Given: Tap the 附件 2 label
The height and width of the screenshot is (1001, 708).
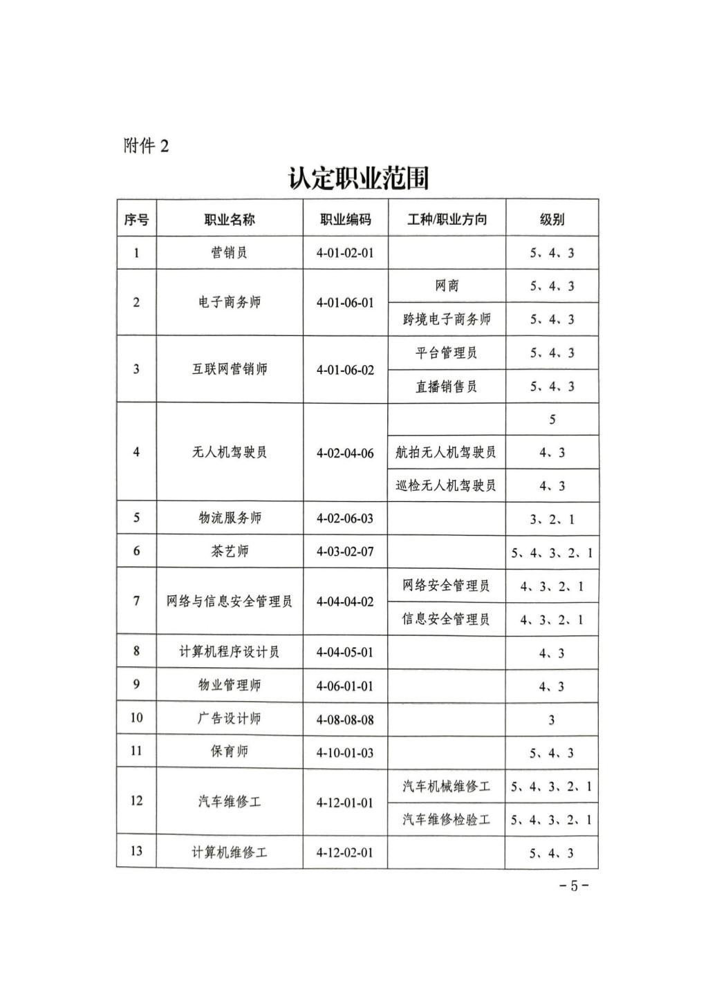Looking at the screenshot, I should [x=146, y=146].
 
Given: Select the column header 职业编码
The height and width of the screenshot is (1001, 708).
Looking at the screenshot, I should [x=345, y=220].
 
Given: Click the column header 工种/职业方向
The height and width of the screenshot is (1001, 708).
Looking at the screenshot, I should [x=447, y=220].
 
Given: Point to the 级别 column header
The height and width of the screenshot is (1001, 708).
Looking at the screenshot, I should [x=552, y=220].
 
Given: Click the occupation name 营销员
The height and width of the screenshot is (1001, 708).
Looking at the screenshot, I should [x=229, y=253].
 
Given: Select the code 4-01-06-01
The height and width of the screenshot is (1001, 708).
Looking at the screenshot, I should [x=345, y=303].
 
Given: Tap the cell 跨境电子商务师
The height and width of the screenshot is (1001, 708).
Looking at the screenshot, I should [x=447, y=319].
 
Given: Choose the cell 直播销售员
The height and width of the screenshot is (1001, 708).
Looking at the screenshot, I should [x=447, y=386].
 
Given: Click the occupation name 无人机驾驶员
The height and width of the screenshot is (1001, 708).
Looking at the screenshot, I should [x=229, y=453].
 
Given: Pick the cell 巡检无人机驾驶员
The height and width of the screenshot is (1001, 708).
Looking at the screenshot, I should [x=446, y=486].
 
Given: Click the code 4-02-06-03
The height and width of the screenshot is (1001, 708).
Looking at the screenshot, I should [x=345, y=518].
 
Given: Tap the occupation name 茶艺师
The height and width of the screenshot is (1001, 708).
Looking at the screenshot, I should [x=229, y=552].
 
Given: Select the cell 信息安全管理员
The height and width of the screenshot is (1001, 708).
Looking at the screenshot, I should [x=446, y=619].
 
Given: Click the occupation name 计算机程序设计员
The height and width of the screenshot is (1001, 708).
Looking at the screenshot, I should [x=229, y=652].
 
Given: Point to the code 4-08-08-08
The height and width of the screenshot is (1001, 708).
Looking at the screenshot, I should [x=345, y=720].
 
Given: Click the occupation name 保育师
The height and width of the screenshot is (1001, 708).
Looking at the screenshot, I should [x=229, y=752].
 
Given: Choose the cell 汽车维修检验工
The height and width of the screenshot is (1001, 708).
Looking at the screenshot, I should [x=446, y=820].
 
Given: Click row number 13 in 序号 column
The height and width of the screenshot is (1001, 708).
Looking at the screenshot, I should [x=136, y=852].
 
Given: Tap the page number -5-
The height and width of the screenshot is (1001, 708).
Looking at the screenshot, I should [x=573, y=886].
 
